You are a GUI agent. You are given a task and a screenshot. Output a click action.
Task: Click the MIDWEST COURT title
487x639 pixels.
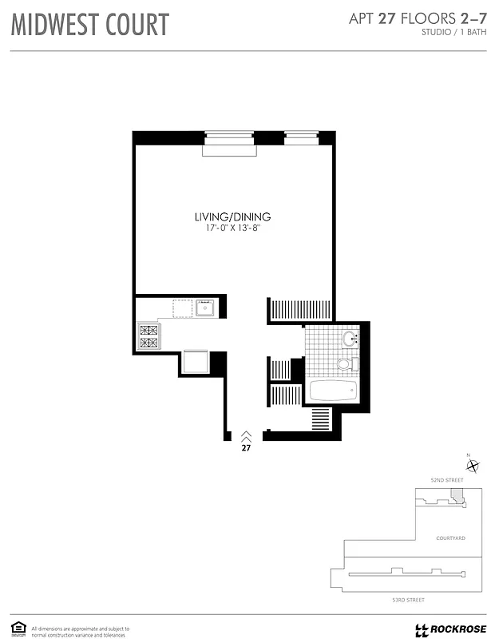[89, 25]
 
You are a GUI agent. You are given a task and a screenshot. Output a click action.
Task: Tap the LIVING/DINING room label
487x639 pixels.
[233, 216]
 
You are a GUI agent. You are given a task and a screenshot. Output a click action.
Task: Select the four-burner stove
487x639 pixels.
[149, 335]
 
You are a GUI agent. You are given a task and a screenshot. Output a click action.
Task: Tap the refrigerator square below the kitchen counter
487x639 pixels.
[196, 362]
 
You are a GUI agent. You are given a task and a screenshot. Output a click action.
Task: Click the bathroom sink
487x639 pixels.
[351, 340]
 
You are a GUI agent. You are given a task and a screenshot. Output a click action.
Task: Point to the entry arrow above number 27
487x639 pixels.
[246, 435]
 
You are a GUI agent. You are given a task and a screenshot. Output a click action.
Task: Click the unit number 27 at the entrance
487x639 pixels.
[246, 448]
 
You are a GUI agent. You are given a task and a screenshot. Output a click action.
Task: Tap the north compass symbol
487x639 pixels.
[473, 466]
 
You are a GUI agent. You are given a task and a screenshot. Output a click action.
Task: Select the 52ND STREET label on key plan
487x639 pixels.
[447, 479]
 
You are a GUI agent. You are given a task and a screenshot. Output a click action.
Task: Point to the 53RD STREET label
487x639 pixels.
[406, 599]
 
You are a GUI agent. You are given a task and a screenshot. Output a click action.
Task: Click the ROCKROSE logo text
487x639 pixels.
[455, 629]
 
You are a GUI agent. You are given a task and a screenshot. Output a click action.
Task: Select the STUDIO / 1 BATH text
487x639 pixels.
[451, 33]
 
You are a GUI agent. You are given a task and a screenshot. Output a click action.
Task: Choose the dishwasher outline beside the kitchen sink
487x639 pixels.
[183, 308]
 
